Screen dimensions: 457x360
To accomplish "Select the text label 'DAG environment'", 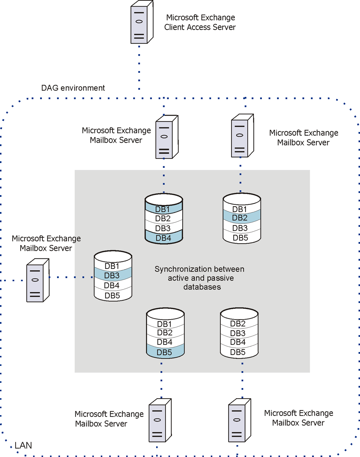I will (73, 88).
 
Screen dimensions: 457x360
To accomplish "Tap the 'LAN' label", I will (23, 446).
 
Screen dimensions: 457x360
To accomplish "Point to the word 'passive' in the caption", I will (220, 278).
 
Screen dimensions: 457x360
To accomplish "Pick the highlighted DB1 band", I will (163, 208).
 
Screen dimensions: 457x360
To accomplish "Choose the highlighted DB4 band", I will (163, 238).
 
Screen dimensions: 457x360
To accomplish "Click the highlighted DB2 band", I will (241, 217).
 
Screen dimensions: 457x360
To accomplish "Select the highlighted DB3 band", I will (113, 275).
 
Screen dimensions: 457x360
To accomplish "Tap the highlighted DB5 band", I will (165, 352).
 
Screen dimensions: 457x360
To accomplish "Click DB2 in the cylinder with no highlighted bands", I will (238, 324).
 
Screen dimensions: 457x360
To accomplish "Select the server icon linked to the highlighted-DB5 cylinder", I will (160, 420).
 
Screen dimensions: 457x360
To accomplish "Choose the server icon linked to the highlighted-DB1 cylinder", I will (167, 137).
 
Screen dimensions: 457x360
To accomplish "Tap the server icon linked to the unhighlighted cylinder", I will (239, 420).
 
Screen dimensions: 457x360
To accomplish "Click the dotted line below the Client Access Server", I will (139, 67).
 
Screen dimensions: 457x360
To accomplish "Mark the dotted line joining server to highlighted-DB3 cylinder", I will (71, 277).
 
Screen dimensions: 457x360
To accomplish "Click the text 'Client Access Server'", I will (200, 27).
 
